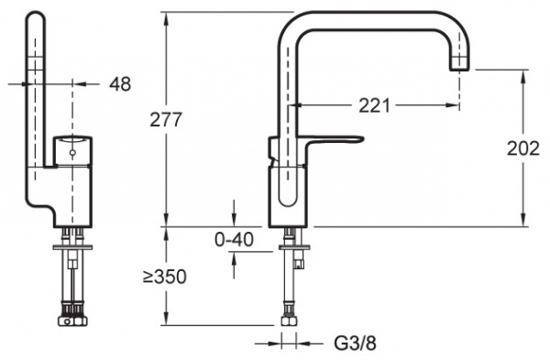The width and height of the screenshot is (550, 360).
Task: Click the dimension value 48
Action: (120, 84)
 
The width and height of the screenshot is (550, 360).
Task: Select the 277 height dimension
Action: (166, 119)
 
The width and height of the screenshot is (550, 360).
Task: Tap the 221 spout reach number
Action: (374, 105)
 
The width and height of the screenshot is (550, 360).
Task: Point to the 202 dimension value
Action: (523, 148)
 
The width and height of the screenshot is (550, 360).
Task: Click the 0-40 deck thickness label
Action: (234, 240)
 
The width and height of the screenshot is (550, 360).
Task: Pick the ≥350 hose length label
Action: (164, 277)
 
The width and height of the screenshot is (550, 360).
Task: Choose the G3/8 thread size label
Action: (355, 344)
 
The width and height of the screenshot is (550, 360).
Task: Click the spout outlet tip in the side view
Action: (459, 67)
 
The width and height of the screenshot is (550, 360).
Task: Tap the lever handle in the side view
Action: (333, 139)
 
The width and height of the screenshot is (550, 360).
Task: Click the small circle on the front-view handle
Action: (72, 153)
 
